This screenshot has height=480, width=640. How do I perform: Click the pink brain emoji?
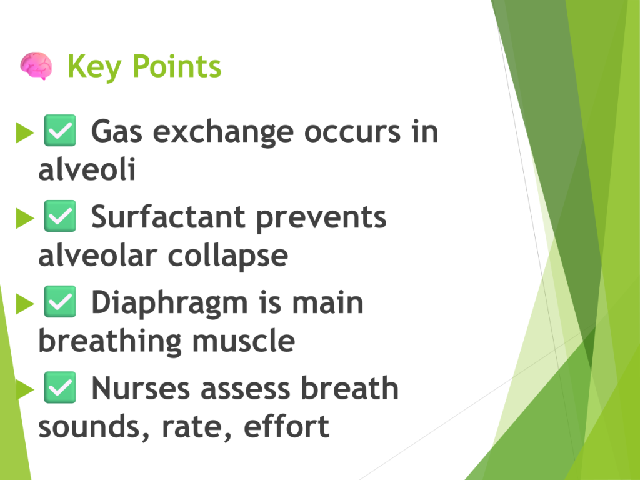(x=36, y=66)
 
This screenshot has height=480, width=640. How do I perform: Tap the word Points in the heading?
(x=177, y=66)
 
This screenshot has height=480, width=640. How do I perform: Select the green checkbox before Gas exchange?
(x=59, y=130)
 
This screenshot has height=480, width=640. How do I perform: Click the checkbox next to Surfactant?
(x=59, y=216)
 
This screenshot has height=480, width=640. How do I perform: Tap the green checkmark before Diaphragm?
(x=59, y=302)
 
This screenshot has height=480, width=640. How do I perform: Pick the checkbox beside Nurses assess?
(x=59, y=387)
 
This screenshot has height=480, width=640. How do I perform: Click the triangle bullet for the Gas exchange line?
(x=24, y=132)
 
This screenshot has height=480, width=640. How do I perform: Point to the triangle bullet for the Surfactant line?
(x=24, y=218)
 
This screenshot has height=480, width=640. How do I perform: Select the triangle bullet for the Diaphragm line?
(x=24, y=304)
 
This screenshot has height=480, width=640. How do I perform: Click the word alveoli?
(x=87, y=169)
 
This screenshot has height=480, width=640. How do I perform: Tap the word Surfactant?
(x=168, y=217)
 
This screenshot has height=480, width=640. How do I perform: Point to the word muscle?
(x=244, y=341)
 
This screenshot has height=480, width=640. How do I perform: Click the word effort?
(x=286, y=426)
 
